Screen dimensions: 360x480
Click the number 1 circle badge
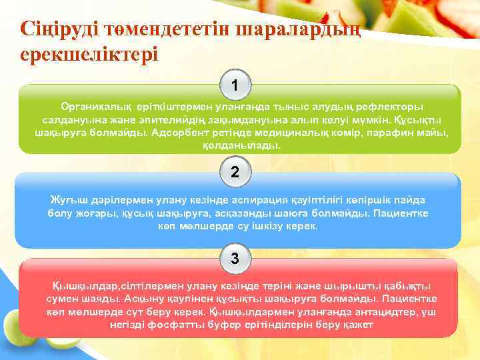(x=235, y=85)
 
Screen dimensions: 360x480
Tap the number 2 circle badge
(x=235, y=171)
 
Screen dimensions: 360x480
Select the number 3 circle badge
(x=235, y=258)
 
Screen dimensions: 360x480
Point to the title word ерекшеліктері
(x=89, y=53)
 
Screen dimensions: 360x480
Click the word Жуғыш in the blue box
(x=67, y=200)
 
